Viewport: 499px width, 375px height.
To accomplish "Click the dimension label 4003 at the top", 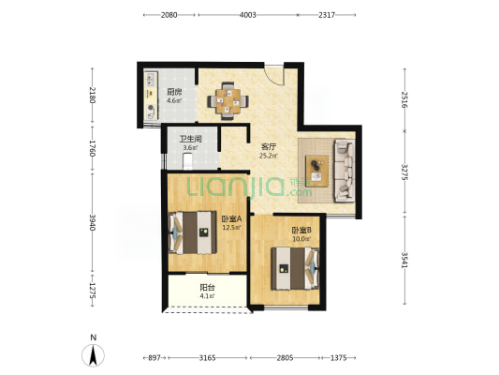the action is [247, 15].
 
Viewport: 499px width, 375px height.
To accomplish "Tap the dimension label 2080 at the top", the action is [169, 15].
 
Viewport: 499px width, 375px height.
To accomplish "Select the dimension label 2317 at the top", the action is [327, 15].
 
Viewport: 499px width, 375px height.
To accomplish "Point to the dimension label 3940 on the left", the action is [93, 222].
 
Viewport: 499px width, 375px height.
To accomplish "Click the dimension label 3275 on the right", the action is [404, 172].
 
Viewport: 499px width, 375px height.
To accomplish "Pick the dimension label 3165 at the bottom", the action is [207, 358].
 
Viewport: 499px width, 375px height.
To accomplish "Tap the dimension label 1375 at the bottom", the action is [338, 358].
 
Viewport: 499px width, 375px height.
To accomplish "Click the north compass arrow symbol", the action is [93, 355].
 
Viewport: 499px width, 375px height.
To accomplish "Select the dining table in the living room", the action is [228, 101].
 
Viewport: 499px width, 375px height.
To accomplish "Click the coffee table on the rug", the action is [316, 171].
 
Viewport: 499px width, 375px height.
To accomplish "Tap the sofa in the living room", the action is [344, 171].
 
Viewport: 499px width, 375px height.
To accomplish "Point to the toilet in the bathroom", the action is [187, 161].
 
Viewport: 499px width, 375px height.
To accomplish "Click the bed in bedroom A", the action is [193, 232].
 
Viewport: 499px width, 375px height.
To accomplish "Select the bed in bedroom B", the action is [295, 268].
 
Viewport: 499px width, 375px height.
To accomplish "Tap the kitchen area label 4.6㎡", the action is [174, 101].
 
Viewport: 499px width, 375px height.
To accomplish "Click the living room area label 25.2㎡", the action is [269, 156].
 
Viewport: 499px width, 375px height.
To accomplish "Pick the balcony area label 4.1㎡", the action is [207, 296].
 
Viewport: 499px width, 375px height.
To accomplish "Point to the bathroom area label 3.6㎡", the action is [190, 148].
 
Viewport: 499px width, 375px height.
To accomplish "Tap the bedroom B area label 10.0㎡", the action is [301, 239].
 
